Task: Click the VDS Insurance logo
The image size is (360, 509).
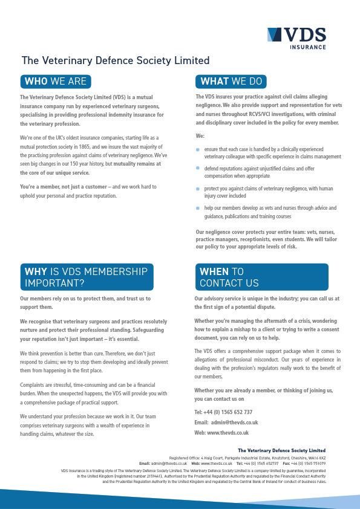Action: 296,37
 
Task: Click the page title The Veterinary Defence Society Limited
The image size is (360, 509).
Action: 116,60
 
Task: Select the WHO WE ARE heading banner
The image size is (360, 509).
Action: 56,81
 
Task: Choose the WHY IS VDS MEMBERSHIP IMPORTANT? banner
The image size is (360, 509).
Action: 87,277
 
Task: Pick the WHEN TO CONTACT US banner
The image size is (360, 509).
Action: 261,277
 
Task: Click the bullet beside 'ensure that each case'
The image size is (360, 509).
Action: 197,149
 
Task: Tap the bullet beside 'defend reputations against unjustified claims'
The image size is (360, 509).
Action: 197,168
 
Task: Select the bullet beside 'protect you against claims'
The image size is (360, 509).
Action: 197,189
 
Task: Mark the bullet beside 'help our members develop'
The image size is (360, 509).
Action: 197,209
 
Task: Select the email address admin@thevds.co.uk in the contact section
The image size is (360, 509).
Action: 235,422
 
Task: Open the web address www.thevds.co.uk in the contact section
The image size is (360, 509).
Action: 229,432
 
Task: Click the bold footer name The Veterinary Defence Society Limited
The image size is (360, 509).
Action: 281,450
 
